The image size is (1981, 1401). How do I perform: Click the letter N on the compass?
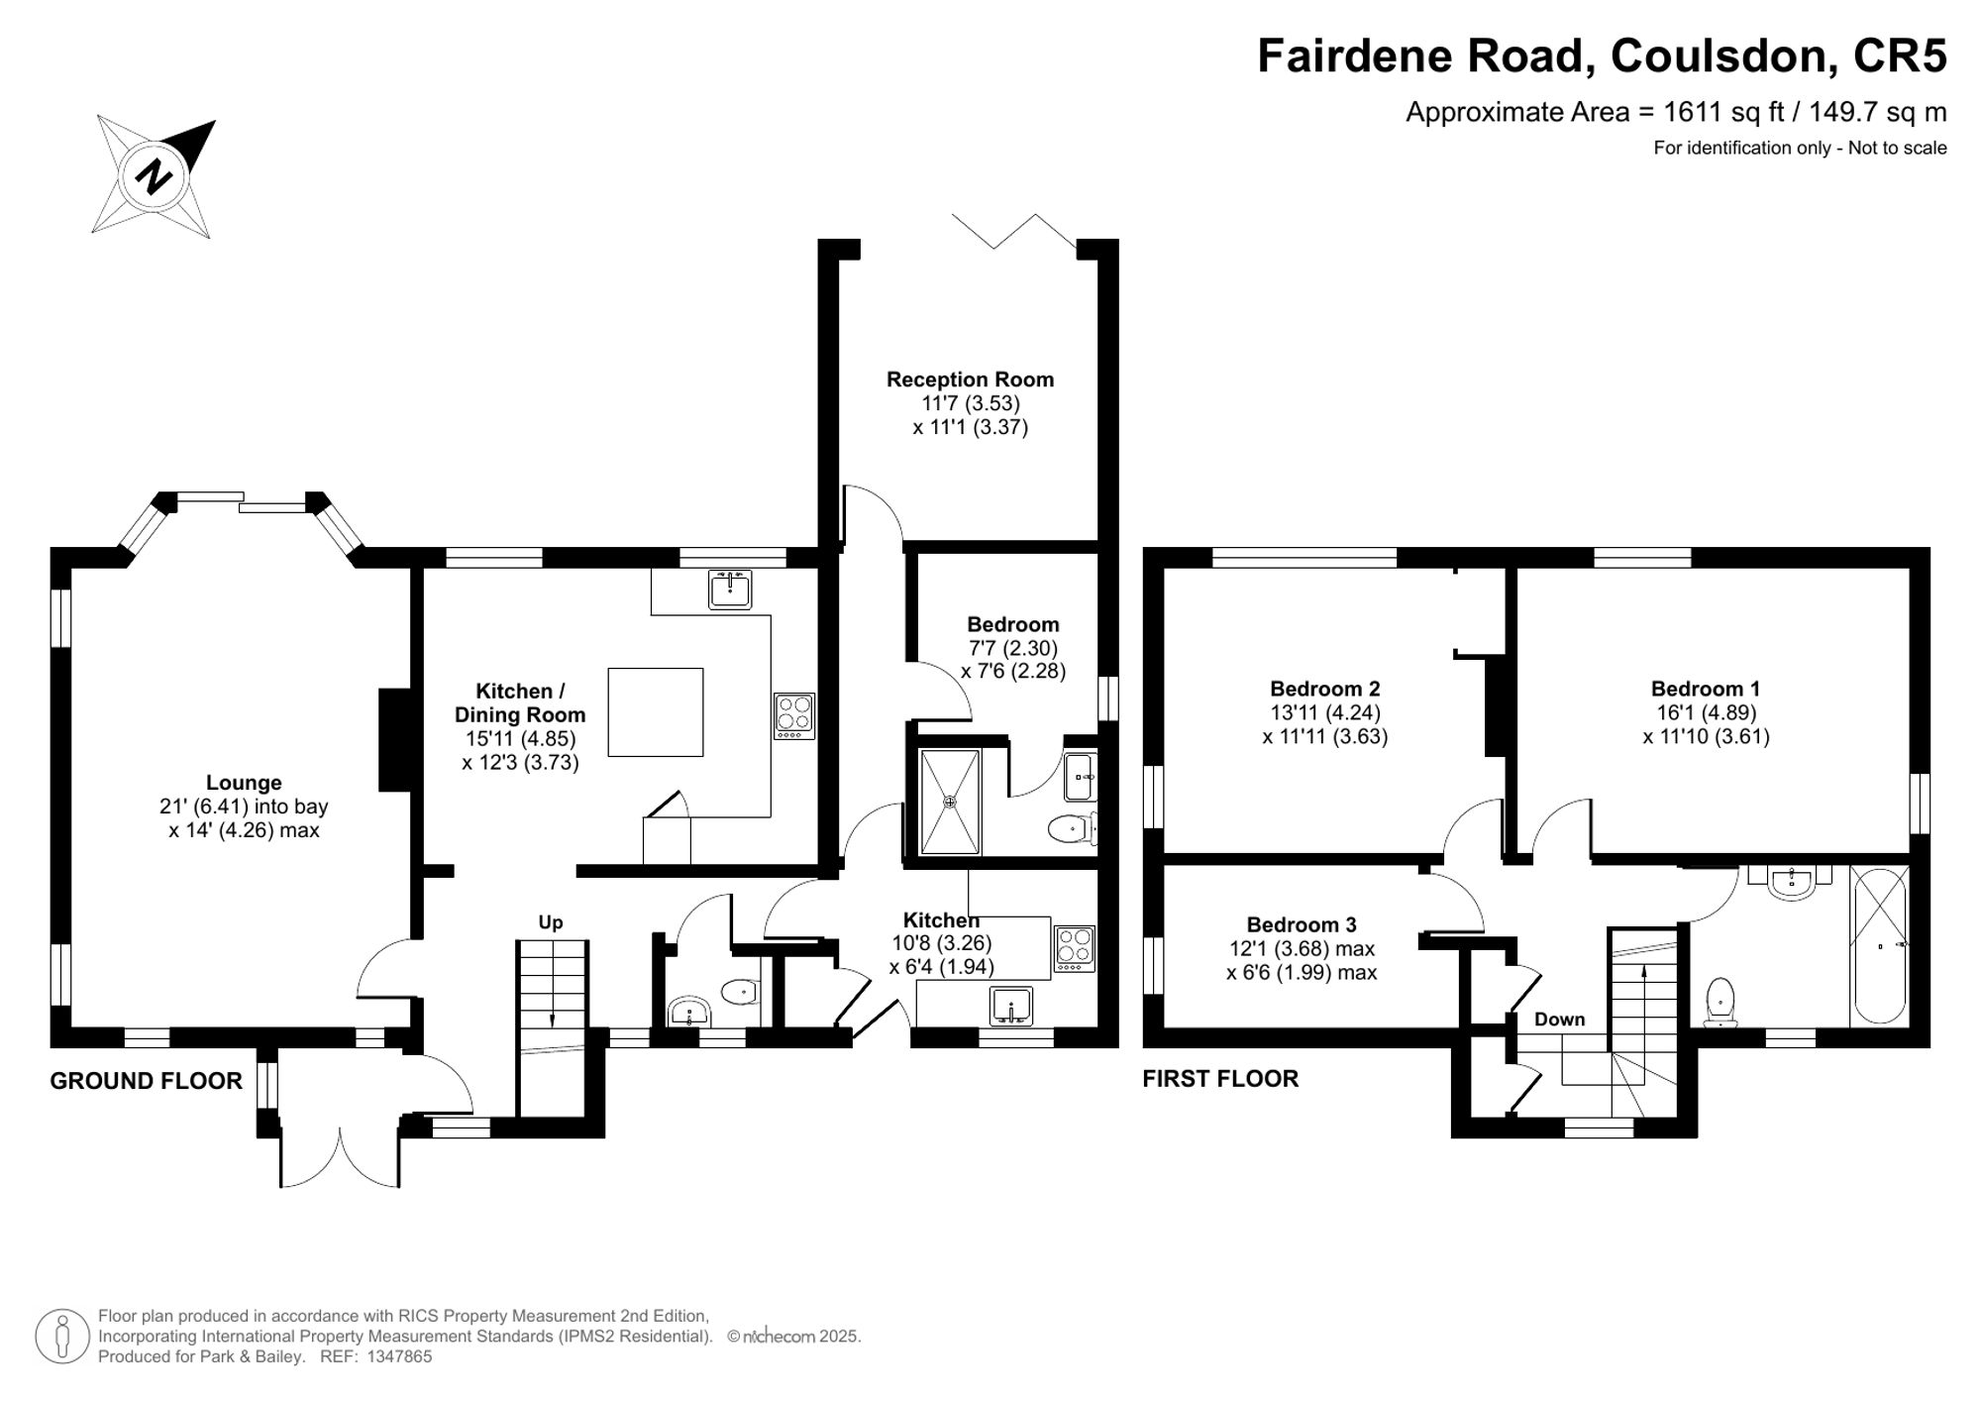[x=154, y=176]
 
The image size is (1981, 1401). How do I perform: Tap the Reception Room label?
[x=970, y=379]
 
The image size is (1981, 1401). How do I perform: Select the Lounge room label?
[x=244, y=783]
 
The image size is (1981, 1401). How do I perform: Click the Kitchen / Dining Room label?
[x=520, y=703]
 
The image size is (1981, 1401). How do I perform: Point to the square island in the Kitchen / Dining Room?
[x=656, y=712]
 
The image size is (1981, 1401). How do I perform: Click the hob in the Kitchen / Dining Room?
[x=794, y=716]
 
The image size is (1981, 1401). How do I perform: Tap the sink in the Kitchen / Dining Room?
[x=731, y=589]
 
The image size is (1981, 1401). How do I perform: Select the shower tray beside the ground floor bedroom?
[x=950, y=802]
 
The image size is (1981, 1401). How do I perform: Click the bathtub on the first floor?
[x=1879, y=945]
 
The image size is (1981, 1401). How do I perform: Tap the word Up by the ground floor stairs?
[x=551, y=922]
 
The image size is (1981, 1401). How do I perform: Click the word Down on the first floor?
[x=1560, y=1020]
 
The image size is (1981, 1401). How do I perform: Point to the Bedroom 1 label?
[x=1706, y=689]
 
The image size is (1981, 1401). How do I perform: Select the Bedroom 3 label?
[x=1302, y=924]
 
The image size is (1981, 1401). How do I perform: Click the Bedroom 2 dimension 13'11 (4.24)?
[x=1325, y=712]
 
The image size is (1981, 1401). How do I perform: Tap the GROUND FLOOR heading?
[x=147, y=1081]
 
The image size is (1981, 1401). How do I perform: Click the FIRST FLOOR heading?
[x=1220, y=1079]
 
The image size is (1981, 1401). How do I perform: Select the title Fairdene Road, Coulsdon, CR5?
[x=1602, y=55]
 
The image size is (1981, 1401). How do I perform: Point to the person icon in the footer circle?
[x=62, y=1337]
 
